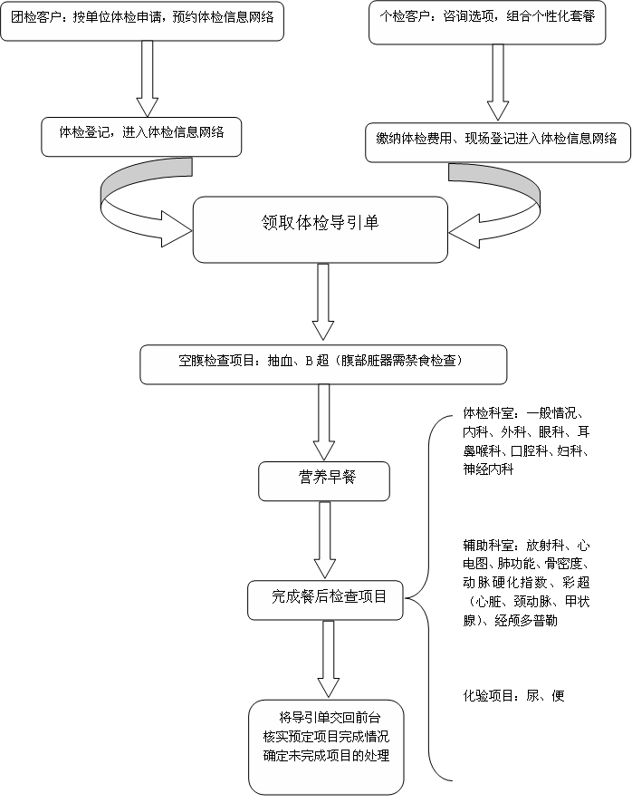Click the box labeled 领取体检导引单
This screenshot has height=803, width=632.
click(321, 229)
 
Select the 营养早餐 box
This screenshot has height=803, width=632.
click(324, 481)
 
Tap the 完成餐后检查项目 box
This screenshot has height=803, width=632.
click(325, 600)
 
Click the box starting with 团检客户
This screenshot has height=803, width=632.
click(142, 21)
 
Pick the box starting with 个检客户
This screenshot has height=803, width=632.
click(487, 22)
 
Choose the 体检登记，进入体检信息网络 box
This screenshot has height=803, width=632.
click(141, 137)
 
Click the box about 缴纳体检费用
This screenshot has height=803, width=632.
click(498, 142)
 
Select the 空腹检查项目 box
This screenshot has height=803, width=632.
click(323, 364)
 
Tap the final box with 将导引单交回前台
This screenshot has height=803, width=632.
click(327, 747)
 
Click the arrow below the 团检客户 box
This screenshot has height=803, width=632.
click(147, 79)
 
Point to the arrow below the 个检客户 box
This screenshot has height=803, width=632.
click(498, 82)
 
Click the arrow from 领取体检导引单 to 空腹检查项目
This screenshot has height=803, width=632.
click(323, 302)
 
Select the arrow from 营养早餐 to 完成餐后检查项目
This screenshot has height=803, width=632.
click(324, 540)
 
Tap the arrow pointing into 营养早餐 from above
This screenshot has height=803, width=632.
click(323, 422)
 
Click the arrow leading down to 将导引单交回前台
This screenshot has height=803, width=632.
click(328, 659)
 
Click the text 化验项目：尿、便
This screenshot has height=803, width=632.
click(513, 695)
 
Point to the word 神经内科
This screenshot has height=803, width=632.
click(488, 469)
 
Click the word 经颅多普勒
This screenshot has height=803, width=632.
click(525, 621)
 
